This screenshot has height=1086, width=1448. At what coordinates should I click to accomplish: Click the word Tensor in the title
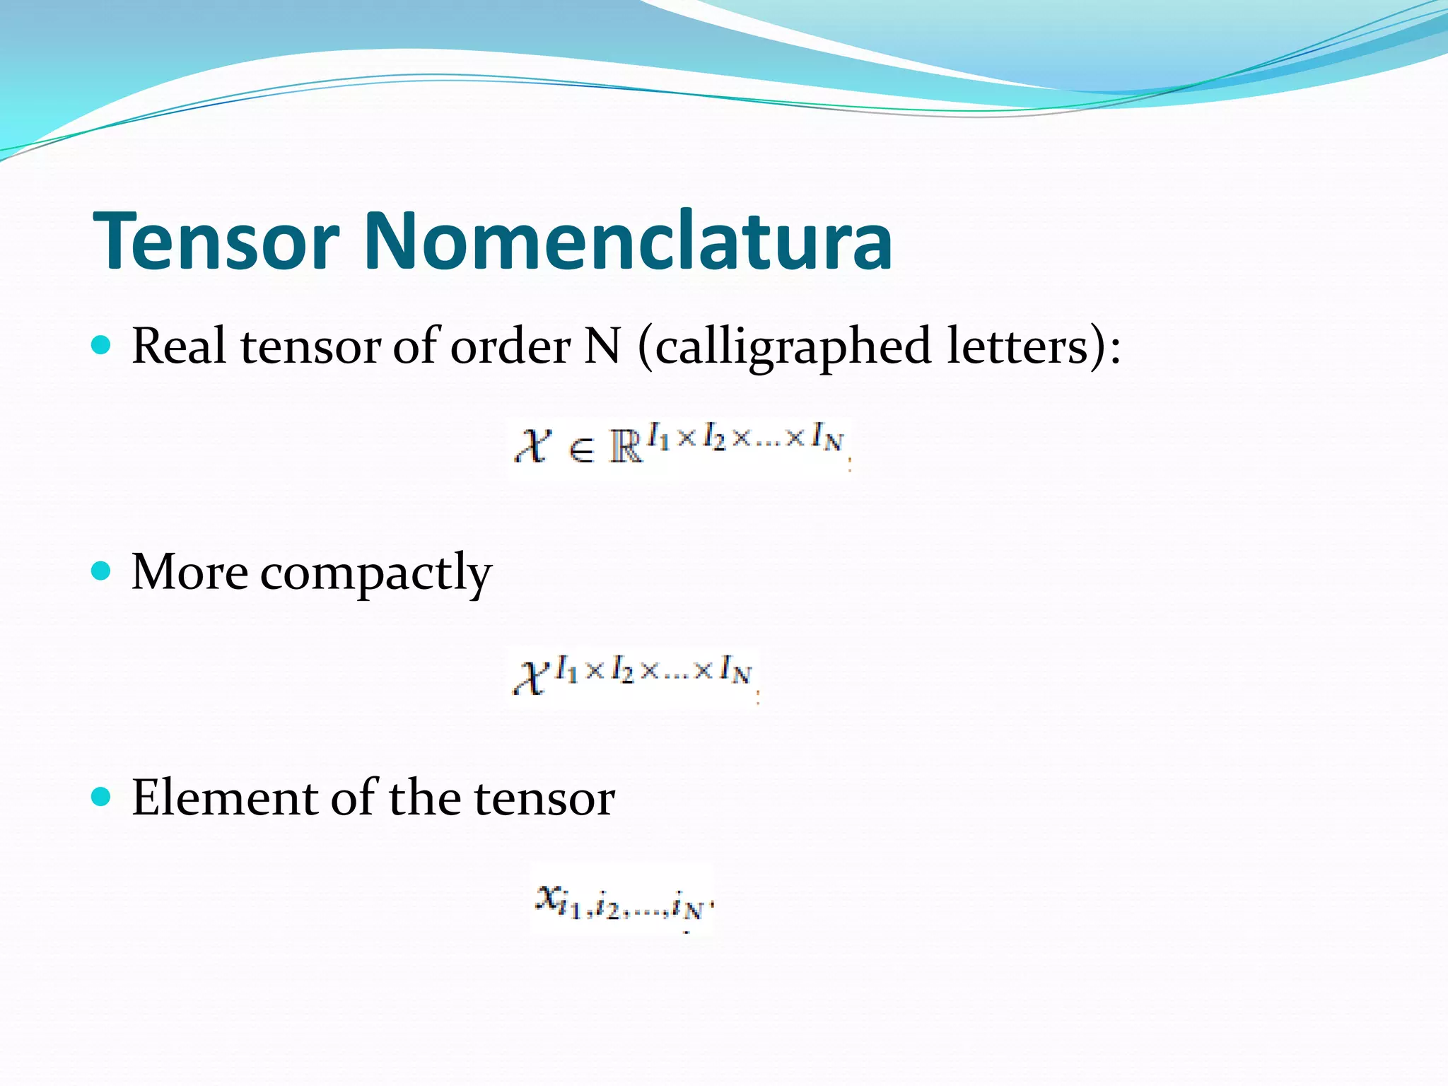(x=216, y=241)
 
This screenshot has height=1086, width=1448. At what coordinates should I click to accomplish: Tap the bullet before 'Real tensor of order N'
(x=102, y=345)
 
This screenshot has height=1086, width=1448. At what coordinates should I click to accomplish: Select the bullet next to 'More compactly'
(x=102, y=571)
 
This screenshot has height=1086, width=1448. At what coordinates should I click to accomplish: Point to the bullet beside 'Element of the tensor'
(x=102, y=797)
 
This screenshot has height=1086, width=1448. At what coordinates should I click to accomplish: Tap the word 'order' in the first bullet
(x=510, y=346)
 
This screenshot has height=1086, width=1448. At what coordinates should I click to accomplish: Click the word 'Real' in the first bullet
(x=179, y=346)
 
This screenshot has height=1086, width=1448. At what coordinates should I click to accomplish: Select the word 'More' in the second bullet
(x=189, y=571)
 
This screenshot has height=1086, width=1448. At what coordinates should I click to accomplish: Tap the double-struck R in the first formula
(x=626, y=448)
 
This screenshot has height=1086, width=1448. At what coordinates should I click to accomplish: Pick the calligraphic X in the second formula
(x=531, y=678)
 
